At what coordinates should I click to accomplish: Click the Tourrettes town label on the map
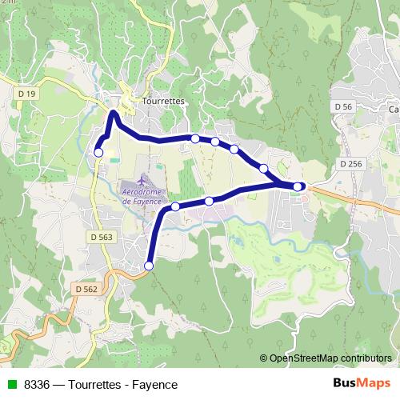click(x=162, y=102)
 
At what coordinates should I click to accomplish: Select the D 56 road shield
click(x=342, y=106)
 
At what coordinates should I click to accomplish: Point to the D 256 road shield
click(x=350, y=164)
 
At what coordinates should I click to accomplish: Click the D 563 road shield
click(x=102, y=237)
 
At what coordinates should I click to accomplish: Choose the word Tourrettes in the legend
click(x=95, y=385)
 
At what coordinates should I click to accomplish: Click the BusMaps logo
click(x=361, y=384)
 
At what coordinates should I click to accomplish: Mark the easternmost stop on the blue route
click(x=298, y=186)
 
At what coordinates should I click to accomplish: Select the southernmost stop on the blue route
click(x=148, y=266)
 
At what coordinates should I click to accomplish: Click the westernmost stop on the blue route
click(x=99, y=152)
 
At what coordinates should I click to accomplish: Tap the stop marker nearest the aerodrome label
click(x=175, y=206)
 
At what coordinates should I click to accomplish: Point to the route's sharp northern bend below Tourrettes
click(x=114, y=114)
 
